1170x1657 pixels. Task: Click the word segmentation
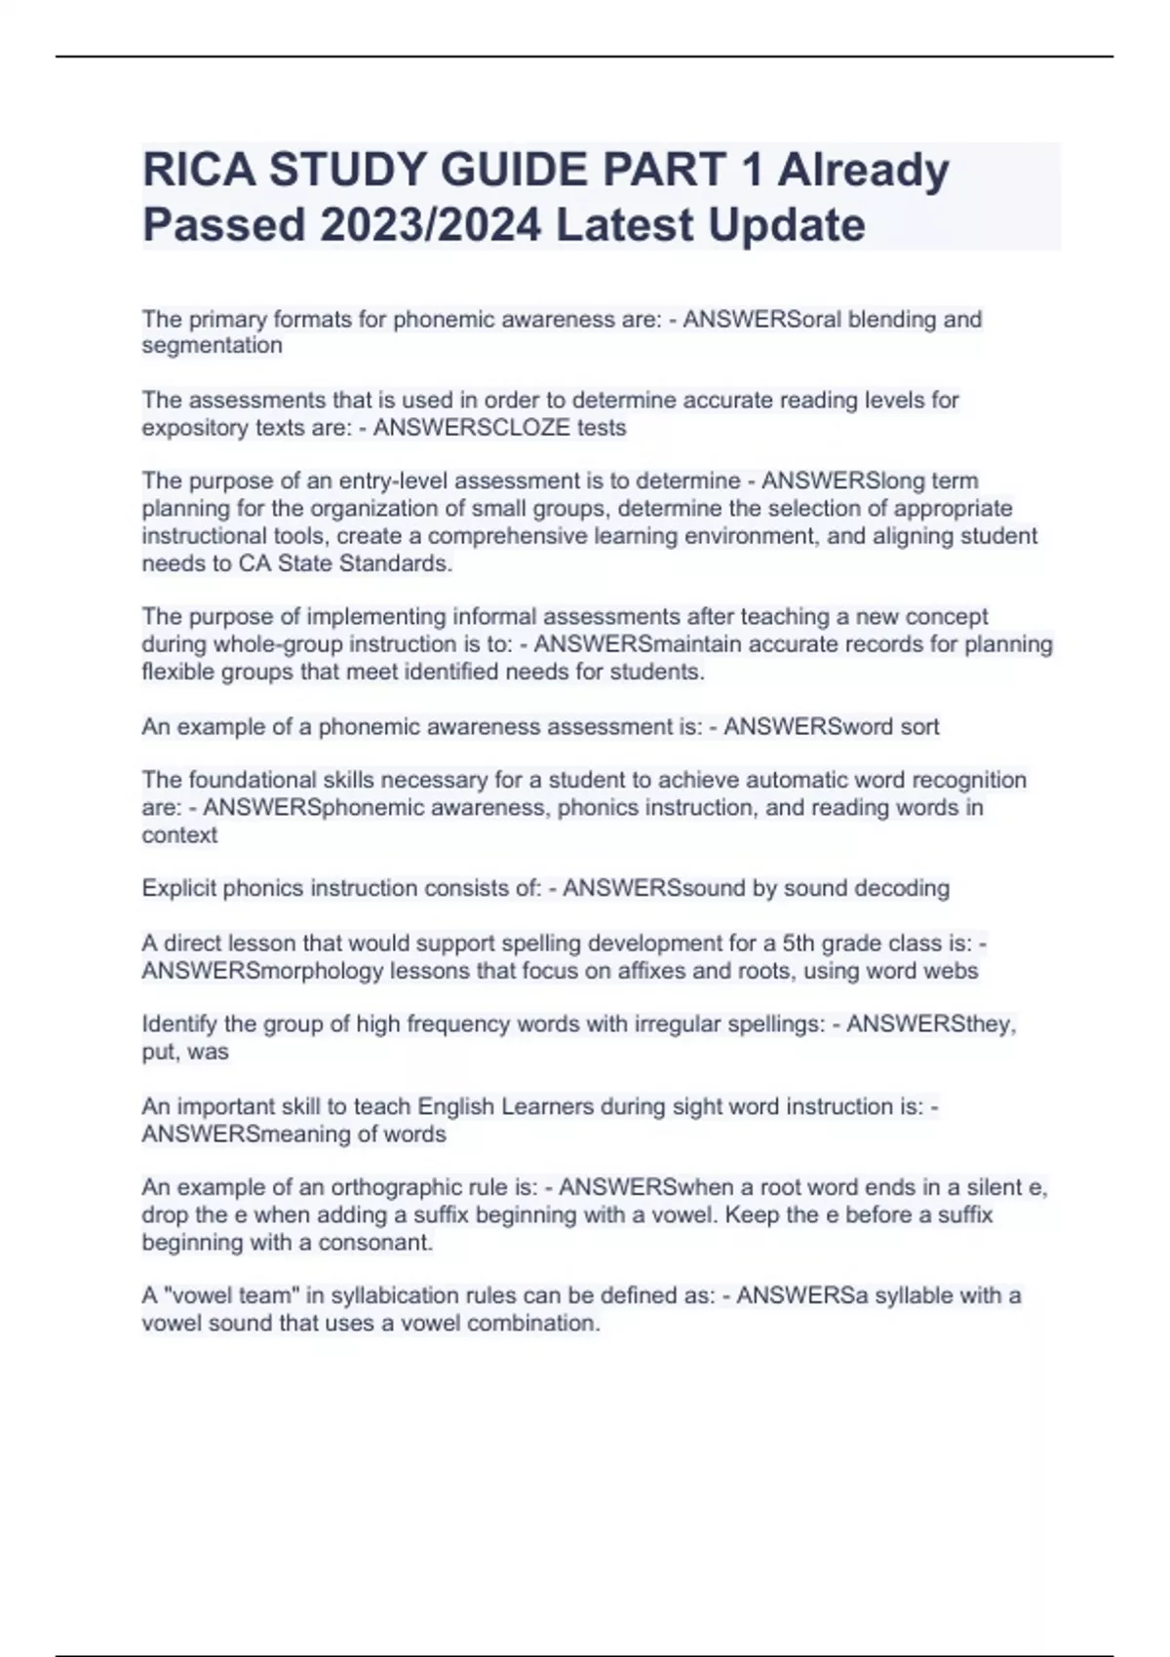212,346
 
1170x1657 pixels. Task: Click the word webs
953,971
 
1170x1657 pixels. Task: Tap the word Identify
179,1024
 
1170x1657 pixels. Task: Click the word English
455,1107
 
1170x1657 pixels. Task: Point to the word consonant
375,1243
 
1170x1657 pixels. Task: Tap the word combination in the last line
533,1324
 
